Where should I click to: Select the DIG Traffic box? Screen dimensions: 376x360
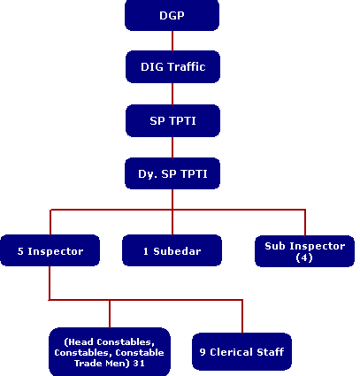[x=172, y=66]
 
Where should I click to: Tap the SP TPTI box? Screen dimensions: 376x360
[x=172, y=119]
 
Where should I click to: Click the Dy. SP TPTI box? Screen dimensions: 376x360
[x=172, y=172]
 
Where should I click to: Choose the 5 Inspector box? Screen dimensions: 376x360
[x=50, y=251]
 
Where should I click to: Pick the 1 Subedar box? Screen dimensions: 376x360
[x=172, y=251]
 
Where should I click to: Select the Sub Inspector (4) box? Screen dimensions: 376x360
[x=304, y=250]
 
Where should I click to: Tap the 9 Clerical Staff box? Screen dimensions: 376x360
[x=241, y=352]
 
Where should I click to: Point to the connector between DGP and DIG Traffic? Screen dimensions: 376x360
[x=172, y=41]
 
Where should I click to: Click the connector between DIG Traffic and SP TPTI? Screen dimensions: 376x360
[x=172, y=93]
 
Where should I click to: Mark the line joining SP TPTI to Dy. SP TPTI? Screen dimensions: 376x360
[x=172, y=145]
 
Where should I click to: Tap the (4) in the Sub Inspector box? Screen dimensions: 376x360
[x=304, y=257]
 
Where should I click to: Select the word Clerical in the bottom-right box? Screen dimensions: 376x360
[x=234, y=352]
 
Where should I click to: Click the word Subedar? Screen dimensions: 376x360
[x=178, y=251]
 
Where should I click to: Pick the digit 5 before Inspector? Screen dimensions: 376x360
[x=20, y=251]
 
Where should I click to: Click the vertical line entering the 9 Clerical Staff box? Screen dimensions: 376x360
[x=241, y=317]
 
